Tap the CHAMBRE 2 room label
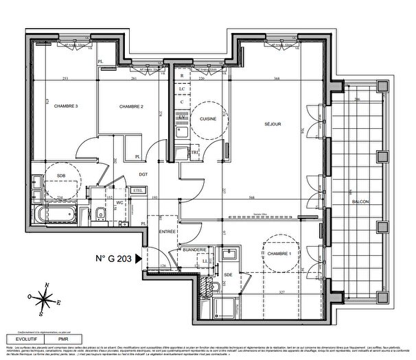point(130,106)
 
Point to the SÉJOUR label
point(275,125)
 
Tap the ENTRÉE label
point(168,233)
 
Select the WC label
point(118,203)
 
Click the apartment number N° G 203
point(114,259)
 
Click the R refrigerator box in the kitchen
point(182,75)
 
